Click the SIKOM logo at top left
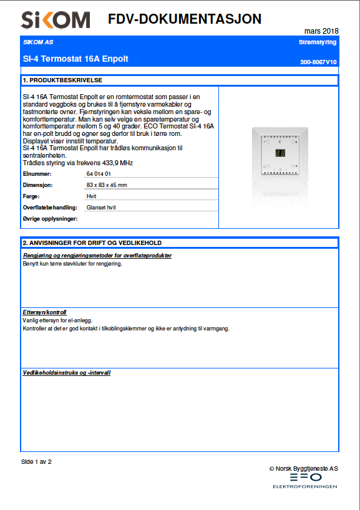point(55,21)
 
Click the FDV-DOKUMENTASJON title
point(184,19)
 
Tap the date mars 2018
point(321,31)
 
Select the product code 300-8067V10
point(318,62)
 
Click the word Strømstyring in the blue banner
point(318,42)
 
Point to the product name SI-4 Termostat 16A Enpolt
point(75,59)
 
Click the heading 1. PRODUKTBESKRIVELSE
point(62,80)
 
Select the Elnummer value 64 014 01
point(99,173)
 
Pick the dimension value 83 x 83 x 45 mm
point(107,185)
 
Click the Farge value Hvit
point(91,196)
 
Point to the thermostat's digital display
point(280,153)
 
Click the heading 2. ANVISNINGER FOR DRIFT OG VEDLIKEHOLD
point(92,243)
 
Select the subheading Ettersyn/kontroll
point(44,312)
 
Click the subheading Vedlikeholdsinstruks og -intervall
point(67,372)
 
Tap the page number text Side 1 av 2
point(36,462)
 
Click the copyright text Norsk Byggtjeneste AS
point(306,468)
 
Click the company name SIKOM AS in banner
point(38,42)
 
